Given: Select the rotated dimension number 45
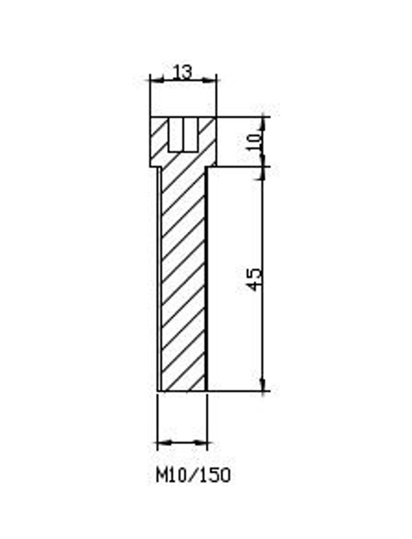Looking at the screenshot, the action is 255,280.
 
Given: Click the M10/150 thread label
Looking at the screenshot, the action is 194,476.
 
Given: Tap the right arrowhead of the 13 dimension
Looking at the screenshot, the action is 210,81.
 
